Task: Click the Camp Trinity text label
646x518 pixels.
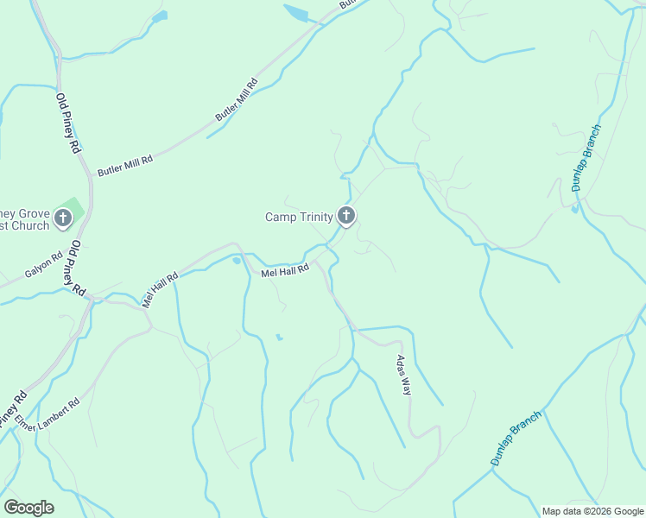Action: click(298, 217)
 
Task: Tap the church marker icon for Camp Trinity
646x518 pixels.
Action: click(346, 216)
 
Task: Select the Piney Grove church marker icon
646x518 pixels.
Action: click(63, 218)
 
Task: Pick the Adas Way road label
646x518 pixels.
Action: click(402, 375)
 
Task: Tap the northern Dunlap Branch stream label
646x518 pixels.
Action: click(586, 158)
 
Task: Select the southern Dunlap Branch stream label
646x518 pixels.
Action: click(516, 439)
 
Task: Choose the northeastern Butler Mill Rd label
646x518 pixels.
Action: click(237, 100)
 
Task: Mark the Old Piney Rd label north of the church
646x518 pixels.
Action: click(68, 123)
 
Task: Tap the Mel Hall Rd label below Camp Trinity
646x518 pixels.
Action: click(285, 271)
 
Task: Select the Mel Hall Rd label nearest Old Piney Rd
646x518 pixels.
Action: click(160, 290)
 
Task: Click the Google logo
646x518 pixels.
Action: click(28, 508)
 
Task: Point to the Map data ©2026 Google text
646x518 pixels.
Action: click(592, 511)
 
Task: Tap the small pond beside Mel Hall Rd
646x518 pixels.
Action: click(237, 262)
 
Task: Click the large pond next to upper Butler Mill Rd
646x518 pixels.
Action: click(295, 13)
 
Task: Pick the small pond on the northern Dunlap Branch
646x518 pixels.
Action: click(574, 209)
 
